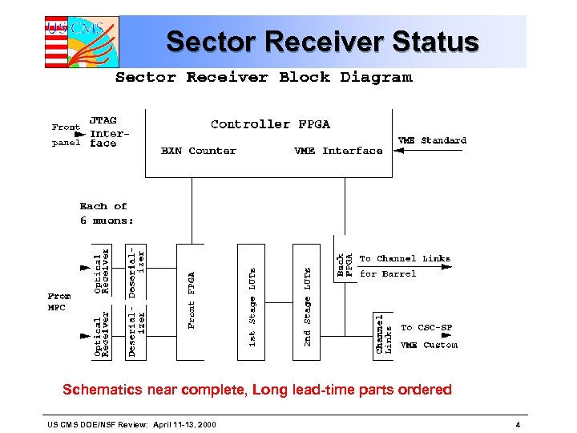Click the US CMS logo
click(81, 42)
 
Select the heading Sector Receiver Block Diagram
click(264, 78)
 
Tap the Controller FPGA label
click(270, 124)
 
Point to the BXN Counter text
click(199, 151)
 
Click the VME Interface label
click(338, 151)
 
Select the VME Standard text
click(432, 140)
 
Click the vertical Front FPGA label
click(192, 301)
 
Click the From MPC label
click(59, 301)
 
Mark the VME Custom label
click(429, 345)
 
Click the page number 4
click(518, 423)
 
